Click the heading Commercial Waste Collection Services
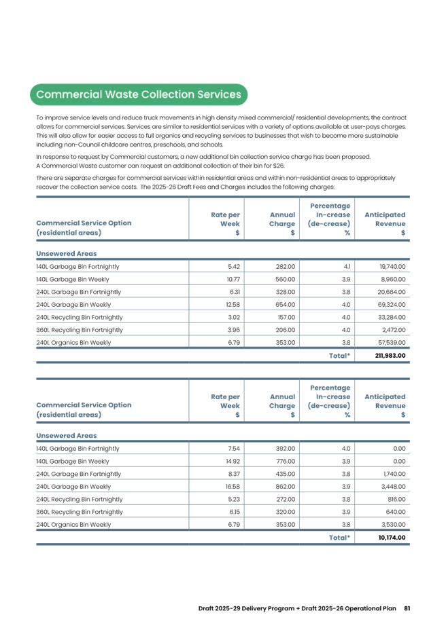click(x=139, y=94)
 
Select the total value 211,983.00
click(x=390, y=355)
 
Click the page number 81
click(x=407, y=608)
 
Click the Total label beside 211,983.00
click(x=339, y=355)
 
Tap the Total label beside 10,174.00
click(x=339, y=537)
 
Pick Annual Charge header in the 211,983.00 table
click(x=282, y=223)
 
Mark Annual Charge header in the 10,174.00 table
click(x=282, y=405)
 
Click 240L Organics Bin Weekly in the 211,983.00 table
click(x=73, y=342)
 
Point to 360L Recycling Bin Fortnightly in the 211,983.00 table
click(x=79, y=330)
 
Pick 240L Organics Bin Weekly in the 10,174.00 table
click(x=73, y=524)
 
